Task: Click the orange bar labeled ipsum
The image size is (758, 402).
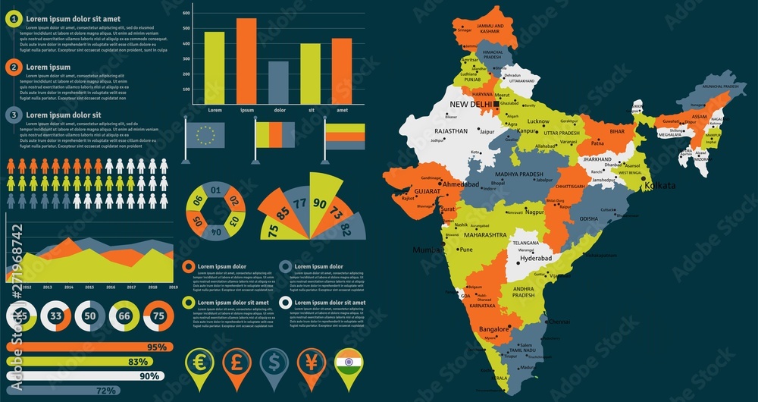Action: [246, 61]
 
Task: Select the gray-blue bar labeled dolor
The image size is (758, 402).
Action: [278, 83]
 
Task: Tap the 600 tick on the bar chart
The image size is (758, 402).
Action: [186, 11]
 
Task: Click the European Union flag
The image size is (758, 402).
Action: [205, 135]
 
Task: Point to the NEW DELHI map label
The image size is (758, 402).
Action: [470, 105]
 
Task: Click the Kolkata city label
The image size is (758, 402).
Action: [658, 186]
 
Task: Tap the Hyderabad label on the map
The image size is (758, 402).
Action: [537, 259]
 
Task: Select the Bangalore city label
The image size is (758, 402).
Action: [494, 329]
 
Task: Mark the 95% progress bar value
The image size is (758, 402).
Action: [157, 347]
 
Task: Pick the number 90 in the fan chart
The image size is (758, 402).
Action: [320, 203]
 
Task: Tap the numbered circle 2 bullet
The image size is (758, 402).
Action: [13, 67]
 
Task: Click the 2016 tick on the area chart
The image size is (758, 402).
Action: [111, 287]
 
